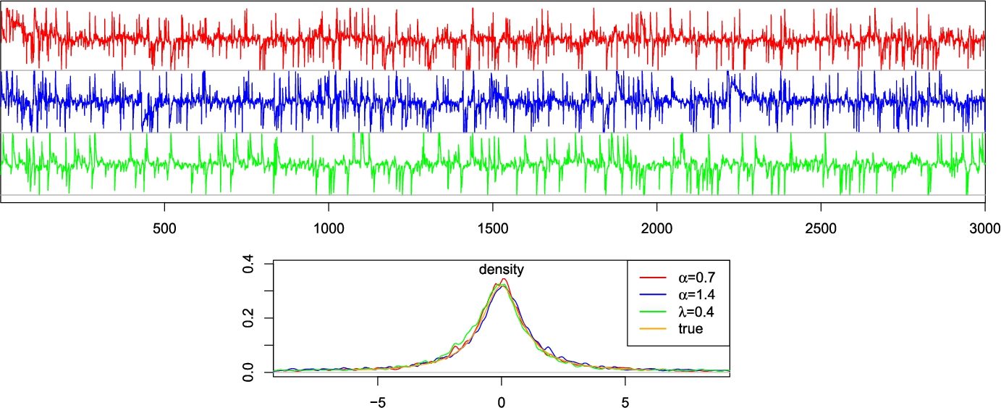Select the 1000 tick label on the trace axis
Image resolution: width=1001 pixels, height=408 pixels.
point(329,226)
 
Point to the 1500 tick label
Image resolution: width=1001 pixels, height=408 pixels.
point(492,226)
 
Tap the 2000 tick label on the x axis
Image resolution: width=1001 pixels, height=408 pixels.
point(656,226)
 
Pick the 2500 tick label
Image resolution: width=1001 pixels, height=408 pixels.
point(821,226)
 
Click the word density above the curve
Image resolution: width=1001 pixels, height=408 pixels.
point(501,270)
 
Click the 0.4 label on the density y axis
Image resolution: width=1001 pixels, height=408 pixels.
point(248,265)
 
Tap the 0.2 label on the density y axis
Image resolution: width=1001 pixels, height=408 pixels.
point(248,318)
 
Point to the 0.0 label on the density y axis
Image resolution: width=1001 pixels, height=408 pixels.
point(248,372)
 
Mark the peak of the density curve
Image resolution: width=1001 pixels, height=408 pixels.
point(503,280)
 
